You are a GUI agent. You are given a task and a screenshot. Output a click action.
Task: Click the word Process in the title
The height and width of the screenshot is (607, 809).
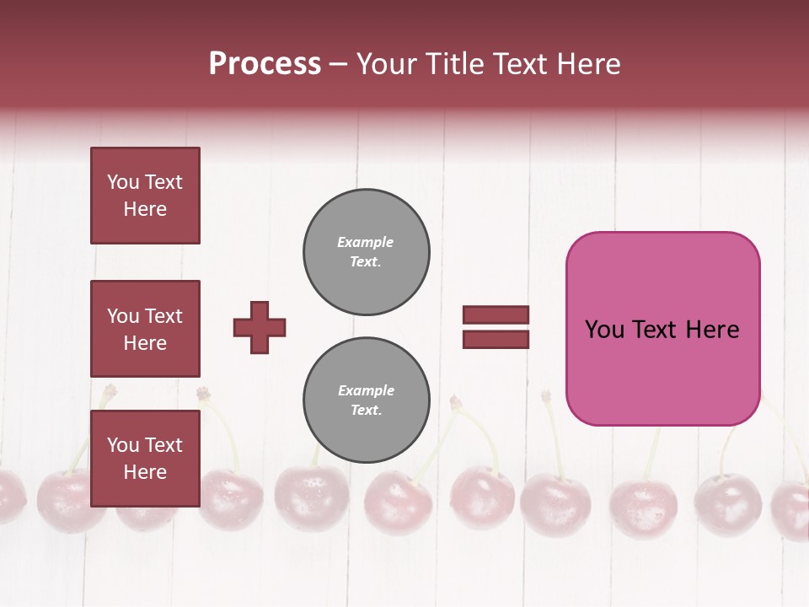point(265,64)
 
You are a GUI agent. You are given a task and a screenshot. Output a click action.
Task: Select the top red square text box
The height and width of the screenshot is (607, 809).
point(145,196)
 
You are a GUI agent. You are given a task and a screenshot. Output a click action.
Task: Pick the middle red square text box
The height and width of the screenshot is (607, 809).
point(145,329)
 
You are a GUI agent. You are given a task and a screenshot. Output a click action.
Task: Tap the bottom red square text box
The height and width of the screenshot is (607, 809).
point(145,458)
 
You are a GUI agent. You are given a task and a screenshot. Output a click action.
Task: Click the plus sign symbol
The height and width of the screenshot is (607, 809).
point(260,327)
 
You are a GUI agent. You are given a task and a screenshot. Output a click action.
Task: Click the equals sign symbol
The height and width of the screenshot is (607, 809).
point(496,327)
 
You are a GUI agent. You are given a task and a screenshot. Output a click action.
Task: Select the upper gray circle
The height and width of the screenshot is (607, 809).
point(367,252)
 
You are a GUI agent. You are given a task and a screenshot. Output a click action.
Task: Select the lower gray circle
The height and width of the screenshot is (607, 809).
point(367,400)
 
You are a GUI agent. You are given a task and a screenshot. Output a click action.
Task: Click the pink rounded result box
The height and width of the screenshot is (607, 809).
point(662,329)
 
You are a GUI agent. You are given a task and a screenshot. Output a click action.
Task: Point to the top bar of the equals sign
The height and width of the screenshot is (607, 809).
point(496,315)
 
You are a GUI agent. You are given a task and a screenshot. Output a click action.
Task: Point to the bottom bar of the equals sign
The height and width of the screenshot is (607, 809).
point(496,339)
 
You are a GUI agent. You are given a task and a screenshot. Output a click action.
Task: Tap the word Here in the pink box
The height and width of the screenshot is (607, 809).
point(712,330)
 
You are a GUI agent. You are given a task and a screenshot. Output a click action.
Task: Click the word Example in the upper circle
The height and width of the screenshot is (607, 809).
point(365,242)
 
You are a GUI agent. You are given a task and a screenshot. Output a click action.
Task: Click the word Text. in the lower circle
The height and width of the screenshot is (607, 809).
point(366,411)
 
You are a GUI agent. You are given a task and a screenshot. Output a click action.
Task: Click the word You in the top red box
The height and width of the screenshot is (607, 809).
point(122,182)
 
